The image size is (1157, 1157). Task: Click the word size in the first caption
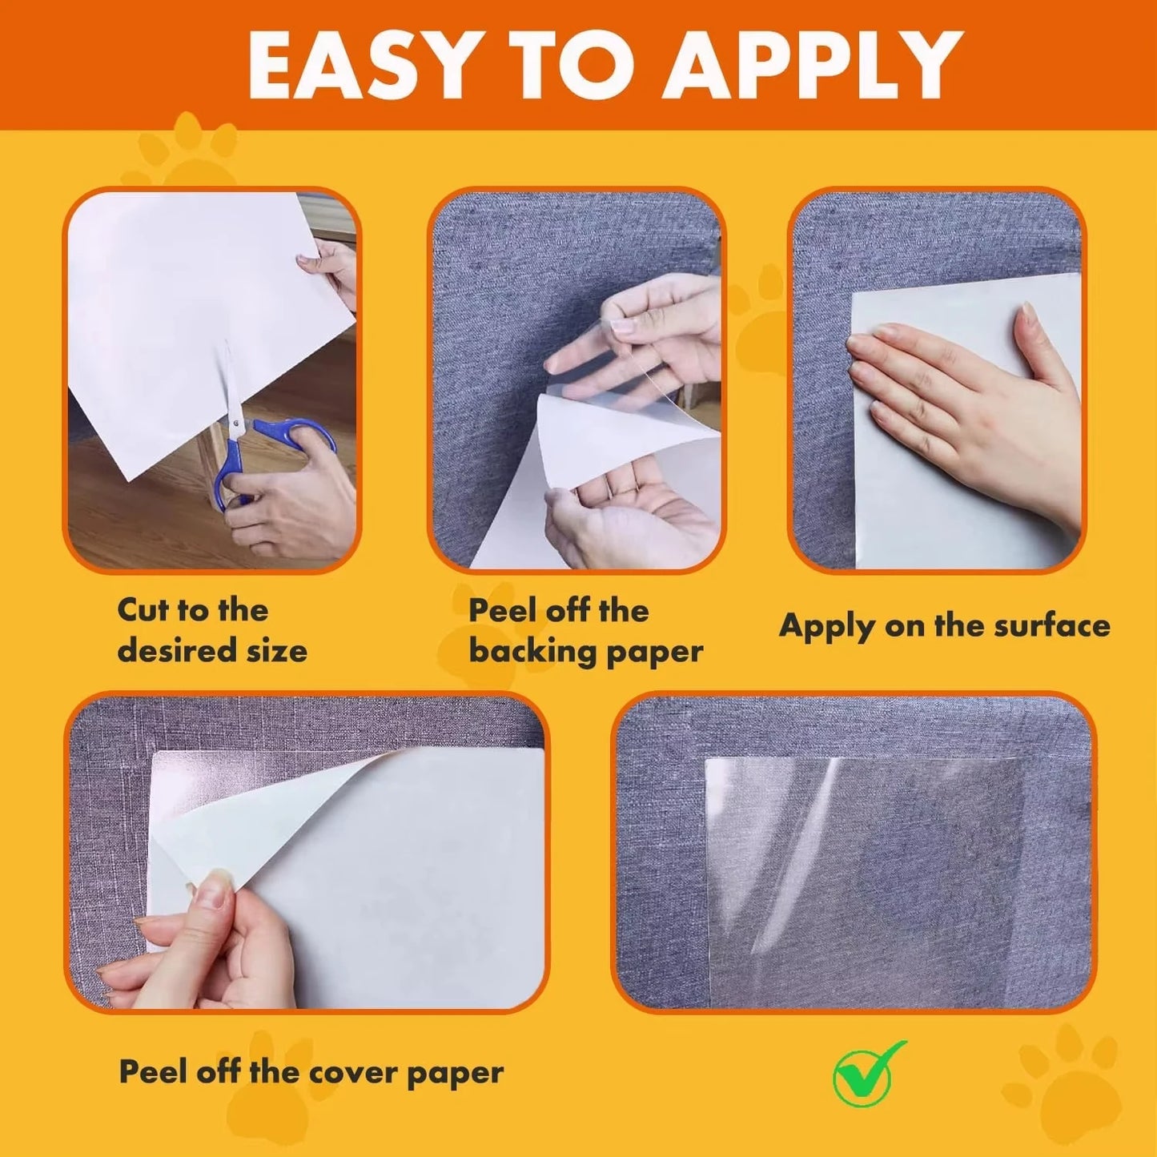[276, 650]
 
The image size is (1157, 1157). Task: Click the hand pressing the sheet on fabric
[969, 400]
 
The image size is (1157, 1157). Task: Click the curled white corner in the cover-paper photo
[264, 809]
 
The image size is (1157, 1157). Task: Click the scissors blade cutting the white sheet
[229, 384]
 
